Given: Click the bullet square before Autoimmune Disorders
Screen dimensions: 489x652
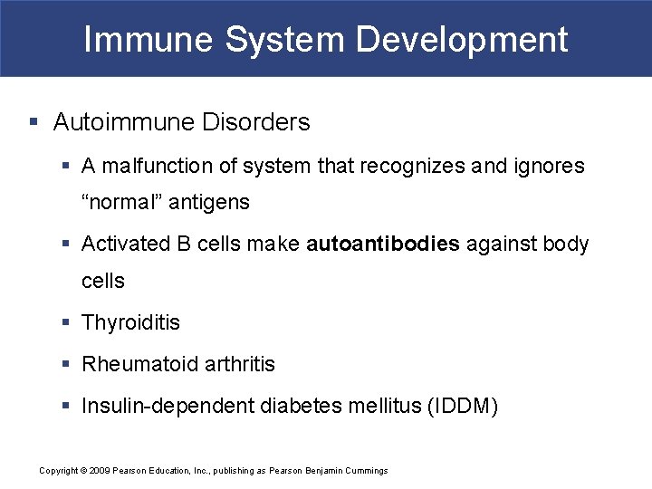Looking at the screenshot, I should tap(34, 122).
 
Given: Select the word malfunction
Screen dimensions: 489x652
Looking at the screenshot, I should tap(148, 167).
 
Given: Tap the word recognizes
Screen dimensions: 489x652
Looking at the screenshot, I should tap(413, 167).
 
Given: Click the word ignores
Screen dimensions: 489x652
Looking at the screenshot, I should tap(549, 167).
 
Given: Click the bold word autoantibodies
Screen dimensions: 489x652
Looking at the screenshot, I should tap(383, 244).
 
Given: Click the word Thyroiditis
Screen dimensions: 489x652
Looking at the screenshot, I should tap(130, 323).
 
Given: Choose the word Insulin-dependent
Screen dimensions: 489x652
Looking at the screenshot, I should tap(168, 407).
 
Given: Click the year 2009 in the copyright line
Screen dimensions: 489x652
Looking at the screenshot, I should tap(99, 471).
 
